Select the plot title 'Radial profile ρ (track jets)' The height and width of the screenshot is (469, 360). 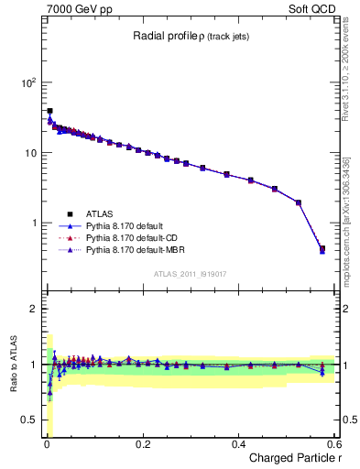point(187,37)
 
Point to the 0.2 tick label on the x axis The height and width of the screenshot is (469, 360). point(143,444)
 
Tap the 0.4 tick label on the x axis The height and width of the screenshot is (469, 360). point(238,444)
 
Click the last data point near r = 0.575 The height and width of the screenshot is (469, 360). point(322,248)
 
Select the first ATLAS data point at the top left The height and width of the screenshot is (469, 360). point(49,111)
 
